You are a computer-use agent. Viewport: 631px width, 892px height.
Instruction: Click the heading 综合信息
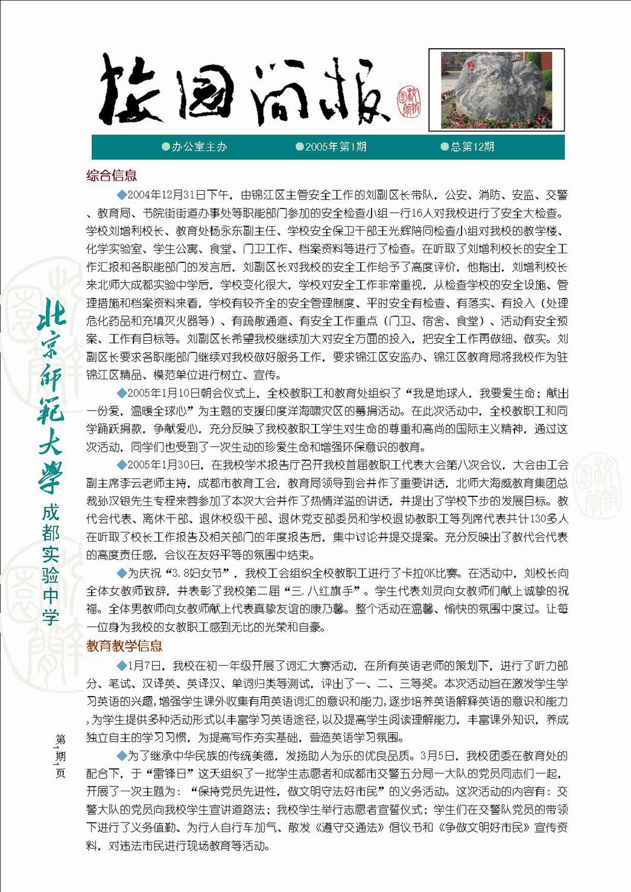[112, 176]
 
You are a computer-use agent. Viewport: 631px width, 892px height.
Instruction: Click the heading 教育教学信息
[124, 646]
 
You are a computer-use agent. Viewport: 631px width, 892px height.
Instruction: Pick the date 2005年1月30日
[155, 465]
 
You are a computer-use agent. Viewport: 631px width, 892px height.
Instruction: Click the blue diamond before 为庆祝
[122, 573]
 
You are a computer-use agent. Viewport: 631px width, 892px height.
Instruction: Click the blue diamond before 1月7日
[122, 666]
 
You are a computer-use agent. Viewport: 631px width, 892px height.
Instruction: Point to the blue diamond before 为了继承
[122, 756]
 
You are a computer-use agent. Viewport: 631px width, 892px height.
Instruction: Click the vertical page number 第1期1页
[60, 756]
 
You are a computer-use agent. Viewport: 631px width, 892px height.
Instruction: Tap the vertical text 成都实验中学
[51, 565]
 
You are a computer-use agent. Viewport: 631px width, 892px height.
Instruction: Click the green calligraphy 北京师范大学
[51, 395]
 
